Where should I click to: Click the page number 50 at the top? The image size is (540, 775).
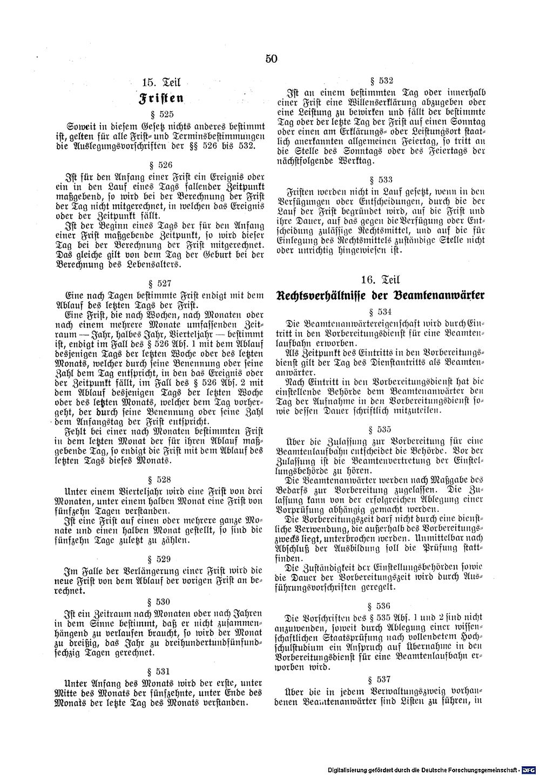(271, 59)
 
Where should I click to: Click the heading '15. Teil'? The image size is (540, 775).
(160, 83)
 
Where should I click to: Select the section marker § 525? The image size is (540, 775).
(161, 115)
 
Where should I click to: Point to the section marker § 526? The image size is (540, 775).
(161, 165)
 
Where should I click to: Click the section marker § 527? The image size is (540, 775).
(161, 283)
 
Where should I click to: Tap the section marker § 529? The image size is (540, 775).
(161, 559)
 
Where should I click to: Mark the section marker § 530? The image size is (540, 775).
(161, 601)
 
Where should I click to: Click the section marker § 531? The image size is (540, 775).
(161, 671)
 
